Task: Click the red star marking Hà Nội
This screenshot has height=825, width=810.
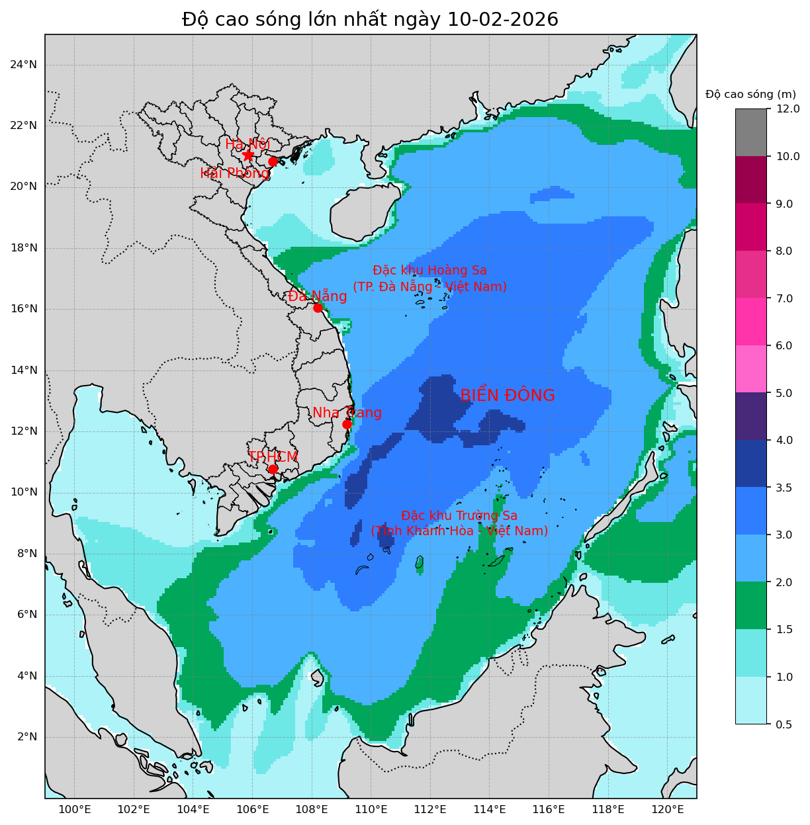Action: pyautogui.click(x=248, y=155)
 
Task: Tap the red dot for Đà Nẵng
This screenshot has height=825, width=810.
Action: pyautogui.click(x=318, y=308)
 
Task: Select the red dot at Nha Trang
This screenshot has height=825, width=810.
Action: pyautogui.click(x=347, y=424)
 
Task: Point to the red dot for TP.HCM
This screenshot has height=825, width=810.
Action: pyautogui.click(x=273, y=469)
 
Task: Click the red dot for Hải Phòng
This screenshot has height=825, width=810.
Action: pyautogui.click(x=273, y=161)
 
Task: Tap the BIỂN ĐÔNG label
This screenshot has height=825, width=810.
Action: pyautogui.click(x=507, y=396)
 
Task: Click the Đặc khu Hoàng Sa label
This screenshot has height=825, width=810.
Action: pyautogui.click(x=429, y=279)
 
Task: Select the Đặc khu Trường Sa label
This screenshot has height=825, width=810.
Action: pyautogui.click(x=459, y=523)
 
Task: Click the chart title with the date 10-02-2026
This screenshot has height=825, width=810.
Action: pyautogui.click(x=370, y=20)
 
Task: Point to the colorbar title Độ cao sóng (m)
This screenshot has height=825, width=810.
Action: pyautogui.click(x=750, y=94)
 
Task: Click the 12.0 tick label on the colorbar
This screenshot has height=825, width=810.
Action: pyautogui.click(x=787, y=109)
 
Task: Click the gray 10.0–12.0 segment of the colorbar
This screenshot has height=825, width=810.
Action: pyautogui.click(x=751, y=132)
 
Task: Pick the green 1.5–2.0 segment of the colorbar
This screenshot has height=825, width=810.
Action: pyautogui.click(x=751, y=605)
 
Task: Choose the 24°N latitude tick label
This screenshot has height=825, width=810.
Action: pyautogui.click(x=23, y=64)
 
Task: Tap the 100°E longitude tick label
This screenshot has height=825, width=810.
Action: pyautogui.click(x=75, y=810)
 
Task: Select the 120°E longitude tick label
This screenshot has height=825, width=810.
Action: pyautogui.click(x=668, y=810)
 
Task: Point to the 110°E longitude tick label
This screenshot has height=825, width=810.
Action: pyautogui.click(x=371, y=810)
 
